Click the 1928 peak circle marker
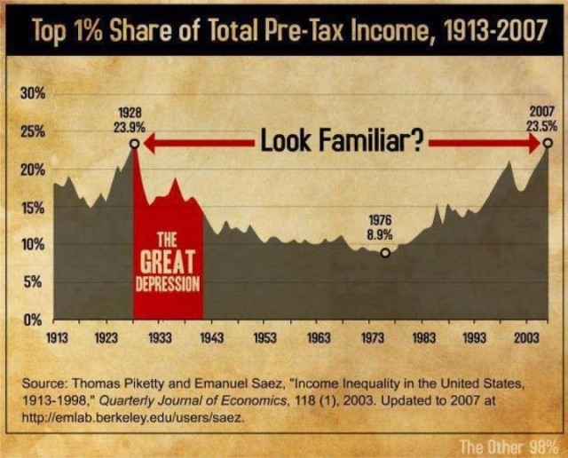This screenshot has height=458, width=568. (134, 143)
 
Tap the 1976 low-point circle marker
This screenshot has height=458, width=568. (385, 252)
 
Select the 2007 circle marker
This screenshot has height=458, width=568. (548, 143)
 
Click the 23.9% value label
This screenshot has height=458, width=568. (130, 127)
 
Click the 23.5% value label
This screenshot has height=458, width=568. (541, 126)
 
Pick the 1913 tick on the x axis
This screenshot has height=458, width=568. (54, 337)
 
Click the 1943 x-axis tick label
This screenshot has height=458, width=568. (212, 337)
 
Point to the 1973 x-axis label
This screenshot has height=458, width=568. (371, 337)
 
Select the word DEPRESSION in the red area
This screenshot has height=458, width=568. (169, 285)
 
